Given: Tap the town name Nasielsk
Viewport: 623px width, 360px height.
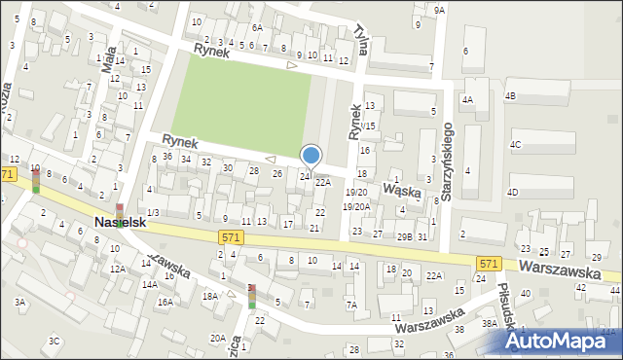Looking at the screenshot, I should (x=122, y=223).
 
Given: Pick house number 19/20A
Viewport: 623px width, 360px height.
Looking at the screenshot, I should (x=357, y=206).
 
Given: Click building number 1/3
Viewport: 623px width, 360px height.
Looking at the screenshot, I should (x=153, y=212).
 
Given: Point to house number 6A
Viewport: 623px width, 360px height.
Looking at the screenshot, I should (x=257, y=28).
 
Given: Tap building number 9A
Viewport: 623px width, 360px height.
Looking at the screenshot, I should (x=439, y=10).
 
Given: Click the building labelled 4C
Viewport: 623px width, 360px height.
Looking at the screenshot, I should (x=515, y=144).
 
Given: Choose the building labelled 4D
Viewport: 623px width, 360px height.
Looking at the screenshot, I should (x=512, y=192).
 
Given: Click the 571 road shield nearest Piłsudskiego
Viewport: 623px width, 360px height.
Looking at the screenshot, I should (x=489, y=264).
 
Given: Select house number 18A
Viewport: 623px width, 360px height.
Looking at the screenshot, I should (x=209, y=295).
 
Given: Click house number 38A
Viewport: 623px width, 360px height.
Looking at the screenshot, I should (x=489, y=323).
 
